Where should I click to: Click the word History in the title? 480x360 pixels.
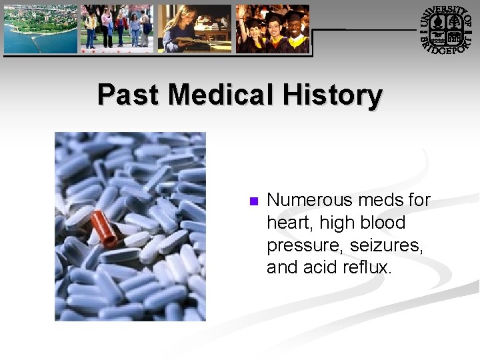pos(332,95)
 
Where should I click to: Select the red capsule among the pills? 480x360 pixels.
pos(104,228)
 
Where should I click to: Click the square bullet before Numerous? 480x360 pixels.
pos(253,201)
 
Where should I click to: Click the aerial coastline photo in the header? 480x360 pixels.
pos(41,29)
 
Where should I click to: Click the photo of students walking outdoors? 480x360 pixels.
pos(117,29)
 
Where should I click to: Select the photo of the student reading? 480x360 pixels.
pos(195,29)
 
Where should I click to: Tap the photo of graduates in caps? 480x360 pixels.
pos(273,29)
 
